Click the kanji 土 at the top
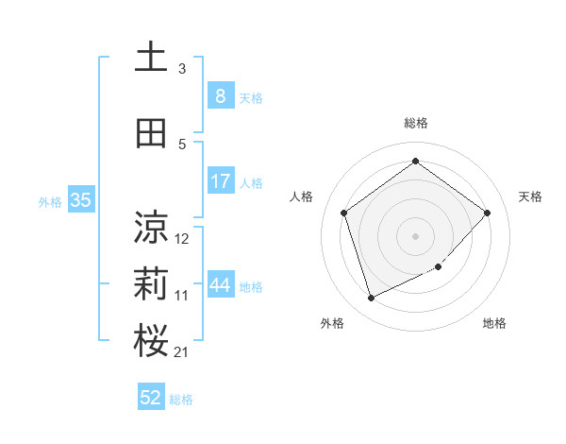[x=151, y=58]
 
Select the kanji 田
[x=151, y=133]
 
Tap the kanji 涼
[x=151, y=227]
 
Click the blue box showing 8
[x=220, y=95]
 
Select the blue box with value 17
[x=220, y=180]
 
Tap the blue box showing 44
[x=220, y=284]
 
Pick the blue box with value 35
[x=80, y=199]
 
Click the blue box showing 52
[x=151, y=398]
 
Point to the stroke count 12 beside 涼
[x=182, y=239]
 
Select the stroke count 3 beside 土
[x=182, y=69]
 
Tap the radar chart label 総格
[x=415, y=123]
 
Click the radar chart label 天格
[x=531, y=196]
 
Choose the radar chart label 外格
[x=332, y=323]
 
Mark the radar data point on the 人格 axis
[x=343, y=213]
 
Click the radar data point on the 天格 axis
[x=487, y=213]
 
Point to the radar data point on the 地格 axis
[x=439, y=267]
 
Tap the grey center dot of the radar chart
[x=415, y=235]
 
